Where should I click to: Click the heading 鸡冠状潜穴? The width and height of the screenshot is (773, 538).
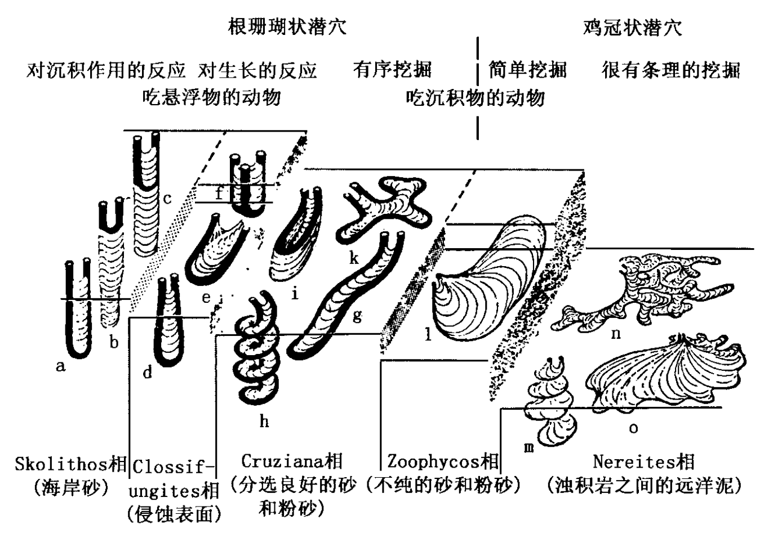coord(632,27)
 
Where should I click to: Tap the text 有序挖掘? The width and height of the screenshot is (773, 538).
coord(392,70)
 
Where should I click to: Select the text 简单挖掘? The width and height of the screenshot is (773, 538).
coord(527,70)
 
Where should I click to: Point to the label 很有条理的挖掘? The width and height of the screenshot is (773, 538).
coord(670,70)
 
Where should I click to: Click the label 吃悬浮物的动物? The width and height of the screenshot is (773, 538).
coord(211,97)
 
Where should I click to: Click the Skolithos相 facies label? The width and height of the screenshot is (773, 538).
coord(70,464)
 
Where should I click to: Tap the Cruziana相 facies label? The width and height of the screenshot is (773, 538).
coord(292,461)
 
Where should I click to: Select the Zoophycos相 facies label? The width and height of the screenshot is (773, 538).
coord(443,461)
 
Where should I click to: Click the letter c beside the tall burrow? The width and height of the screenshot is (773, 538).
coord(167,198)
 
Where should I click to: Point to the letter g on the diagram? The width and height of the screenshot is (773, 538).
coord(357,315)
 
